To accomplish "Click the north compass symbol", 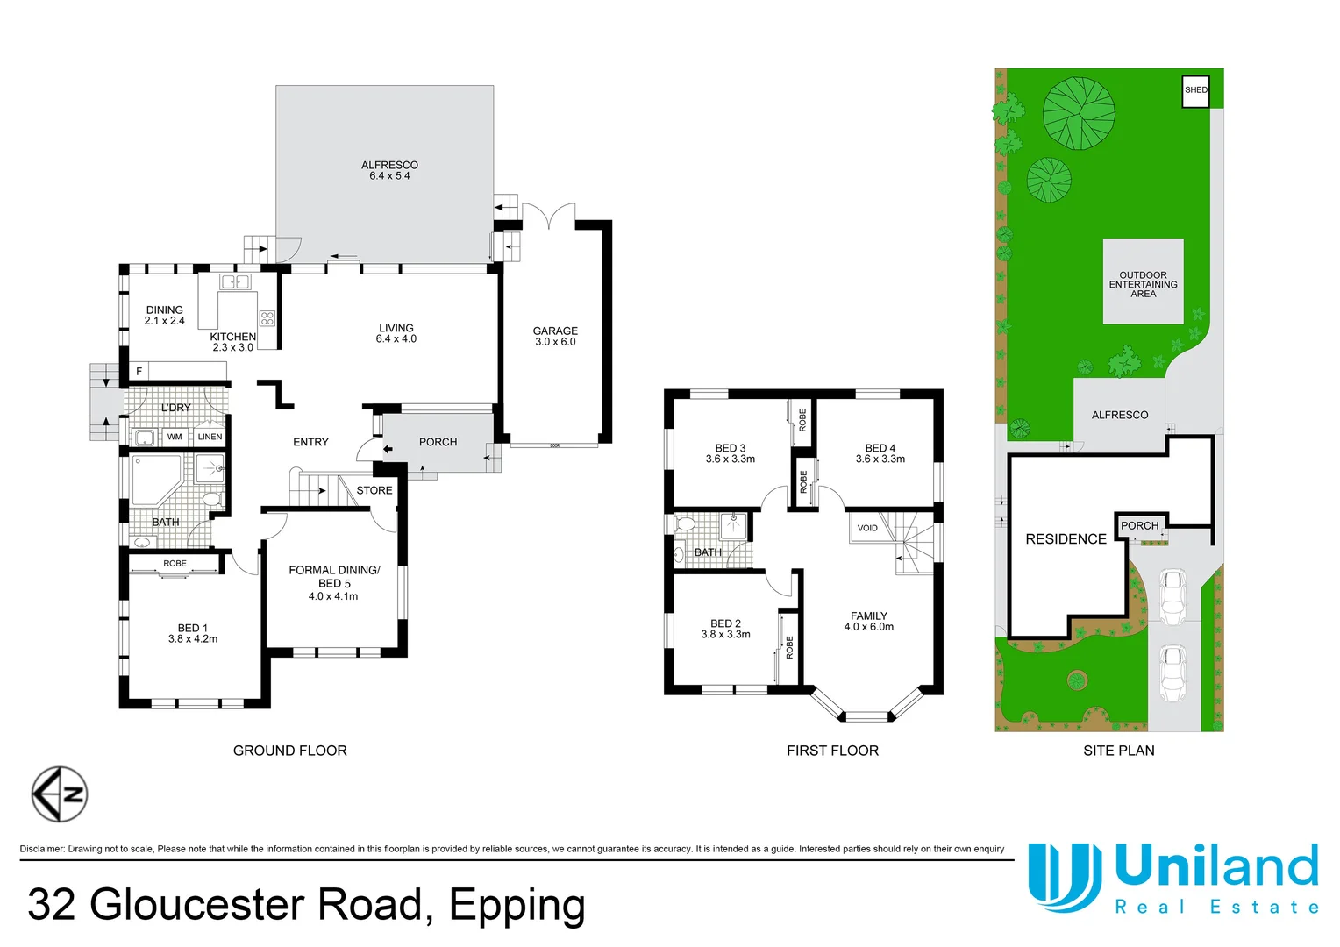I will coord(60,794).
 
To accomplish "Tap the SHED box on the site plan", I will coord(1195,90).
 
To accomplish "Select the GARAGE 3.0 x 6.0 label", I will coord(555,337).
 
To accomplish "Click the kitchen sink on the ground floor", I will coord(235,281).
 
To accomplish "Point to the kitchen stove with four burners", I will coord(267,318).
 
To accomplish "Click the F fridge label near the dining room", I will coord(139,372).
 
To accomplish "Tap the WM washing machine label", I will coord(175,437).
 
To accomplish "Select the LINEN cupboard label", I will coord(210,437).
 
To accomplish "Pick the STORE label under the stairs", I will coord(374,490).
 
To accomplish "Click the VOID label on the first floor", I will coord(867,528).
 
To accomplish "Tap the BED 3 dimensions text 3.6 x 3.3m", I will coord(730,459).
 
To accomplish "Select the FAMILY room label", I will coord(868,616).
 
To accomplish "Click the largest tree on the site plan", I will coord(1079,113).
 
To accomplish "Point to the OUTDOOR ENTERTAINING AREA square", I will coord(1143,281).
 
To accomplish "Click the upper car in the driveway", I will coord(1172,597).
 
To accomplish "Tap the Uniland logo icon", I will coord(1064,876).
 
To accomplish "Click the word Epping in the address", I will coord(517,905).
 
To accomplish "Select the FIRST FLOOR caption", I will coord(832,751).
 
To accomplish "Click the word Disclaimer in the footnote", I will coord(42,849).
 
